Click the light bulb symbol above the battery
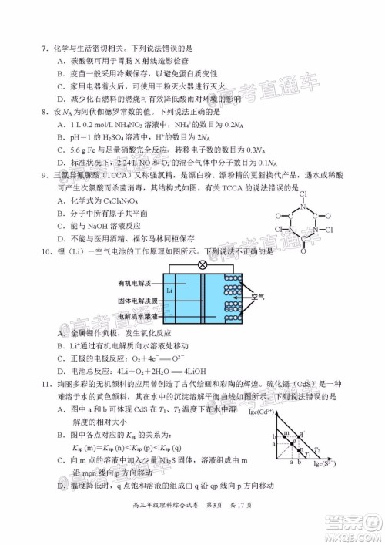203,264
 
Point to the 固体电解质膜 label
139,301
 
